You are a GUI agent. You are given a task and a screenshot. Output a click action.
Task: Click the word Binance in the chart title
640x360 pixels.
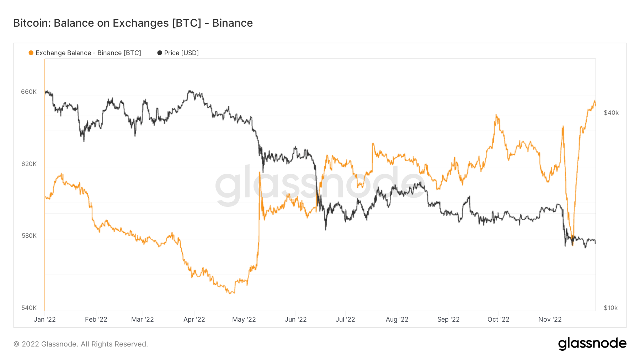pyautogui.click(x=233, y=23)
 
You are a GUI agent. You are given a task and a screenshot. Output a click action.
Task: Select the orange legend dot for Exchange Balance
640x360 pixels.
pyautogui.click(x=31, y=53)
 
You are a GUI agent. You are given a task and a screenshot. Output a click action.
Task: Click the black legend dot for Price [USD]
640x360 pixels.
pyautogui.click(x=160, y=53)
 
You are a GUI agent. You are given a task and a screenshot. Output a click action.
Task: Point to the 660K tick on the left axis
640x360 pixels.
pyautogui.click(x=29, y=92)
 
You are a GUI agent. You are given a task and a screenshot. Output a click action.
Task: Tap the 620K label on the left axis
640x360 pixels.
pyautogui.click(x=29, y=164)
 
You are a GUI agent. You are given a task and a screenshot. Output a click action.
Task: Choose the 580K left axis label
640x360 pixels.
pyautogui.click(x=29, y=236)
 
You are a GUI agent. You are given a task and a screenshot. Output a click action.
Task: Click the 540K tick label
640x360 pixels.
pyautogui.click(x=29, y=308)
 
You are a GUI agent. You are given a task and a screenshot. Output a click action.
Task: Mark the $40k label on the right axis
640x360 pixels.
pyautogui.click(x=611, y=113)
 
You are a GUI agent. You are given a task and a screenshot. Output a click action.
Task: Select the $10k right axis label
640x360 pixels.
pyautogui.click(x=611, y=308)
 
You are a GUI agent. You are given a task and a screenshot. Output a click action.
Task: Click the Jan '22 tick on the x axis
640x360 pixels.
pyautogui.click(x=45, y=319)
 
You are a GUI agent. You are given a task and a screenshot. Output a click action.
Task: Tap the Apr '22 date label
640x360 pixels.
pyautogui.click(x=194, y=319)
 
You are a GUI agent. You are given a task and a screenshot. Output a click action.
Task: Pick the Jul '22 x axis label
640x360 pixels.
pyautogui.click(x=345, y=319)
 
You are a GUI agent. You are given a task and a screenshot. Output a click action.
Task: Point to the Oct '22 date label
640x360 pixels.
pyautogui.click(x=498, y=319)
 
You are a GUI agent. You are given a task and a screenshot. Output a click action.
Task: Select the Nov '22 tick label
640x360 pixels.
pyautogui.click(x=550, y=319)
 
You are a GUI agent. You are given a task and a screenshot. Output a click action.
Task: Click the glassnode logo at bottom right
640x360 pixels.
pyautogui.click(x=592, y=344)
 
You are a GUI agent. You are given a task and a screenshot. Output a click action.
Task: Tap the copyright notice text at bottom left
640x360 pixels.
pyautogui.click(x=81, y=344)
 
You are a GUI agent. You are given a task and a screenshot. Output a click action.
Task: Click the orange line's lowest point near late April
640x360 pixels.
pyautogui.click(x=231, y=293)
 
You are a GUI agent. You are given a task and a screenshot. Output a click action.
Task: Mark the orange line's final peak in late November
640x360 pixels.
pyautogui.click(x=594, y=101)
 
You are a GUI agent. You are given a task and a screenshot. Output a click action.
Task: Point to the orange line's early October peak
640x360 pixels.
pyautogui.click(x=496, y=115)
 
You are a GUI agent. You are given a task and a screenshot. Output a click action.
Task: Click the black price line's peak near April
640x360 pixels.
pyautogui.click(x=190, y=91)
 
